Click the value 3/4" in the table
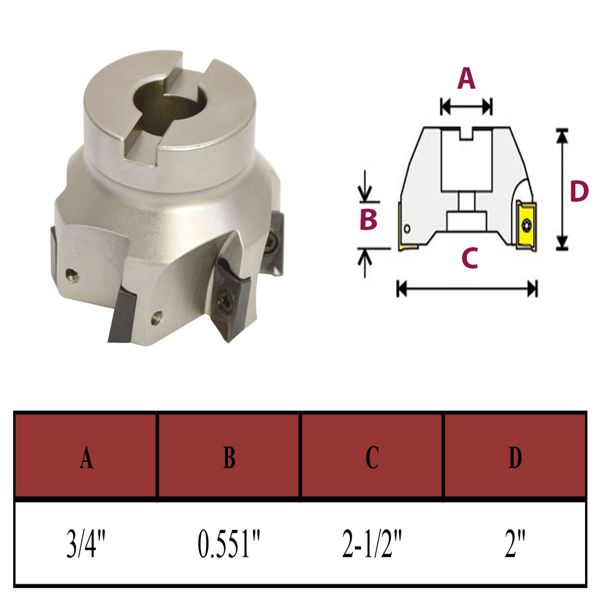(x=86, y=543)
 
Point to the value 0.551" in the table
(x=229, y=543)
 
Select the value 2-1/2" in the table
(x=372, y=543)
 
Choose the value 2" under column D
(x=515, y=543)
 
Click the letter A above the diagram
(x=466, y=79)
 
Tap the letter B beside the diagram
(x=368, y=220)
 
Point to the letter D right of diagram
(x=578, y=192)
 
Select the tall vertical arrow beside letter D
(x=562, y=189)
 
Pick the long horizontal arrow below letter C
(x=467, y=289)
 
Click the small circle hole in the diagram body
(x=407, y=229)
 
